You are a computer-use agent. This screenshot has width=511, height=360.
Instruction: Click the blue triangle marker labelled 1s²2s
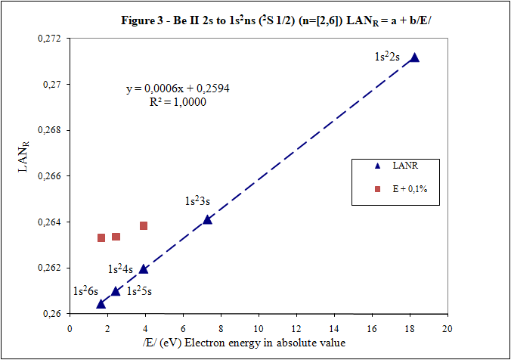(x=414, y=57)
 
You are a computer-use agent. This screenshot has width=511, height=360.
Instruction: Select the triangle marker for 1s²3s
(x=208, y=219)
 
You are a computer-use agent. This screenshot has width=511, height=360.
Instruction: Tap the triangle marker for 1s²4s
(x=144, y=268)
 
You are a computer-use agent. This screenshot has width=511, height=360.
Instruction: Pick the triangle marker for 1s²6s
(x=101, y=303)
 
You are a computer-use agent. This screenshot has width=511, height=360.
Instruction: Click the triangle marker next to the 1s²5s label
(x=116, y=291)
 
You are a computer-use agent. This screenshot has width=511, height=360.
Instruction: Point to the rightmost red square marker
(x=144, y=225)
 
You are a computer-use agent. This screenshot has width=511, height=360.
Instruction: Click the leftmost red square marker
(x=101, y=237)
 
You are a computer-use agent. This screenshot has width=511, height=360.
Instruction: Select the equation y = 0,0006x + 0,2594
(x=178, y=88)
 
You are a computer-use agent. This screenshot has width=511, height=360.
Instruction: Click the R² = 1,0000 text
(x=178, y=101)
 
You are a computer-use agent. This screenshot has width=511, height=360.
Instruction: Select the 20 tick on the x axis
(x=448, y=328)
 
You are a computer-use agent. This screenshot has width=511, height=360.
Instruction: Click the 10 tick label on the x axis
(x=259, y=328)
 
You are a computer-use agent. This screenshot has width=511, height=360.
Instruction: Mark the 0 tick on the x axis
(x=70, y=328)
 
